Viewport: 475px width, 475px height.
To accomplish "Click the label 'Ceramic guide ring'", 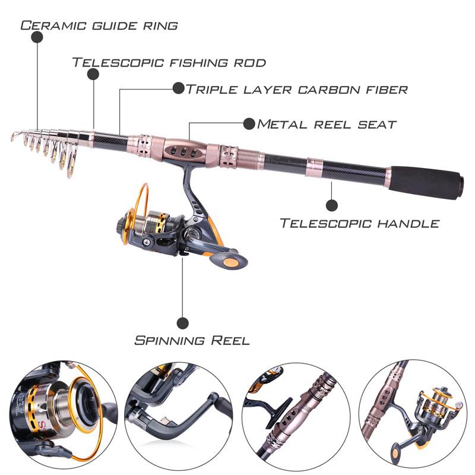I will [x=99, y=26].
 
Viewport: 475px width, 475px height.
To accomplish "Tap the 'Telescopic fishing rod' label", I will [x=169, y=62].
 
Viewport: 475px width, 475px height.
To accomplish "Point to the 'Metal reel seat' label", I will [x=327, y=124].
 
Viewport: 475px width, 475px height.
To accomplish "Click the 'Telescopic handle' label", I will [x=360, y=223].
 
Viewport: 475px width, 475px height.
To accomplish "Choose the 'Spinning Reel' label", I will [x=192, y=340].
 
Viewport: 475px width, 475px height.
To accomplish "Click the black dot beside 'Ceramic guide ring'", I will [x=37, y=37].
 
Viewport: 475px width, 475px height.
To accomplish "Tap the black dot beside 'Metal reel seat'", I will [x=249, y=123].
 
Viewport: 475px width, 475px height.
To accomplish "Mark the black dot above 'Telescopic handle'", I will [x=332, y=205].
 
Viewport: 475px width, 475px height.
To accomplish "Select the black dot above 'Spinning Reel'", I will [x=183, y=322].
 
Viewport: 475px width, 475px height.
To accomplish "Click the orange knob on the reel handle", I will [x=228, y=261].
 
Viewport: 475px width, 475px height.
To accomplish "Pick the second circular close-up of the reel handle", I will [x=178, y=413].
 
